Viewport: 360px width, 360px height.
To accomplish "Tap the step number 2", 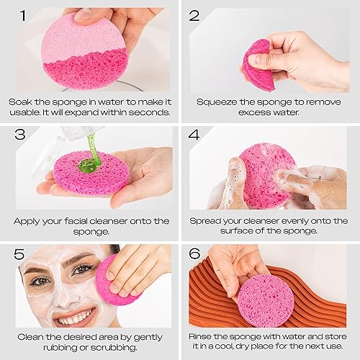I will coord(194,16).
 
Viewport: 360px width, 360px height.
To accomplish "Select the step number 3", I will coord(21,134).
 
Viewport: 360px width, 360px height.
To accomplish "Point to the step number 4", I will coord(194,134).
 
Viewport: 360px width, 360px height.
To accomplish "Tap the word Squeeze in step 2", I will coord(213,101).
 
